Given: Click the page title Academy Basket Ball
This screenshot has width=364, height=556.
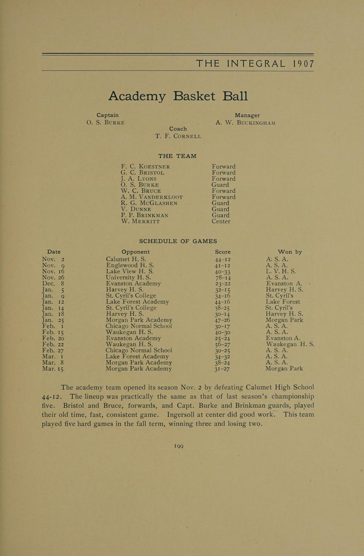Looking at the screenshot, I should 178,96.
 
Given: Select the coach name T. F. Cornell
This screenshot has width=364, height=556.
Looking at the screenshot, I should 178,136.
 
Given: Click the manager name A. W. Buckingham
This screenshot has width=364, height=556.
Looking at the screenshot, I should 245,123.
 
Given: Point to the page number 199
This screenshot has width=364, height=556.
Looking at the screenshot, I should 179,446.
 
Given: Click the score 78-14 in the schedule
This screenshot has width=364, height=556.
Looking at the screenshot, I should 223,278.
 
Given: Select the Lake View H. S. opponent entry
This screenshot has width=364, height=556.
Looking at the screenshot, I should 130,271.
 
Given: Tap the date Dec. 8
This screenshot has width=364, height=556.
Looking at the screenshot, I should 53,284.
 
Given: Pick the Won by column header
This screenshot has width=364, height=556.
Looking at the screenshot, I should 289,252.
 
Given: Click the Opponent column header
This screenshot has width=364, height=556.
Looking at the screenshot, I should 136,252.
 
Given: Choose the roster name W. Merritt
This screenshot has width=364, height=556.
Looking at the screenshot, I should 140,221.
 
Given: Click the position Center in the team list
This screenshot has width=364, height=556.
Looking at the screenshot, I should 221,221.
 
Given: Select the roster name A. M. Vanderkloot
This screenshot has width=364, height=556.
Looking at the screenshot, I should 152,197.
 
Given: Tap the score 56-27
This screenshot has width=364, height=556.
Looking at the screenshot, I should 223,344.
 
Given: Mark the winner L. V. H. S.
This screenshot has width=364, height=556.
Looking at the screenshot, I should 281,271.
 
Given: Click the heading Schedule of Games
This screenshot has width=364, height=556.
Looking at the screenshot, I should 178,241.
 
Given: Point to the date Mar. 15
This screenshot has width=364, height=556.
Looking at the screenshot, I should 53,369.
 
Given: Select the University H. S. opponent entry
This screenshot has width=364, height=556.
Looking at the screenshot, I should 128,277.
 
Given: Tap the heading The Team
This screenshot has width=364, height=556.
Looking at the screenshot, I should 177,156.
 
